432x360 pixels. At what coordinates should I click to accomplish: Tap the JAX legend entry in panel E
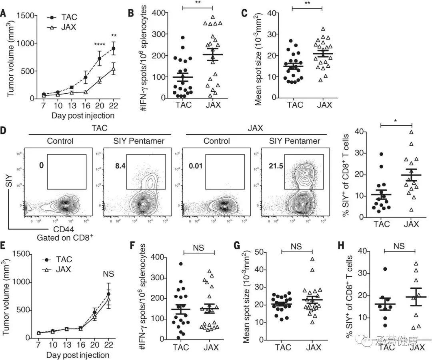point(63,269)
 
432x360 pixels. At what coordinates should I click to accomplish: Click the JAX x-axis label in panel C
point(324,105)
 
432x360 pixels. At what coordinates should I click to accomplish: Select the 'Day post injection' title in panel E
point(77,355)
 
